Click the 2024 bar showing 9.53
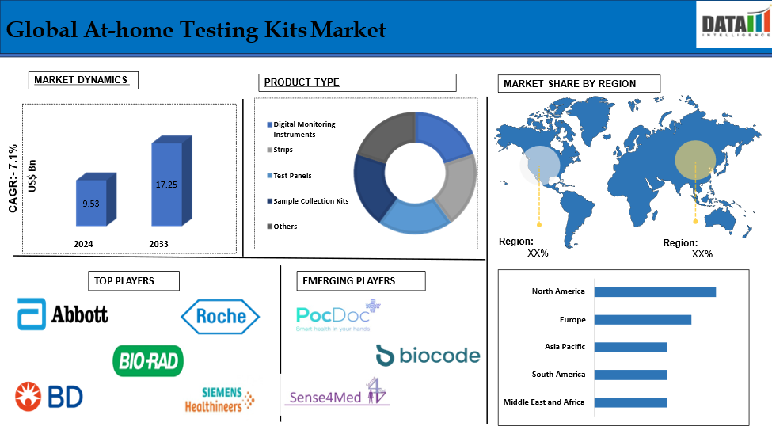point(96,200)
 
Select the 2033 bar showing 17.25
point(171,181)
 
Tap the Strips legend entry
point(280,150)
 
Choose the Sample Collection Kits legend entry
point(308,201)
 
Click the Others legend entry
point(282,227)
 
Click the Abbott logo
point(63,314)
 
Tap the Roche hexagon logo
point(220,316)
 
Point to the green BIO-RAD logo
point(148,361)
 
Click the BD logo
point(49,397)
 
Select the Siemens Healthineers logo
point(219,399)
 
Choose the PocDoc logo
point(338,315)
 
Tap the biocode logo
point(428,355)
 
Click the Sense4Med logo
point(337,393)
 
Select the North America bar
point(655,292)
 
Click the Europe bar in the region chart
point(642,320)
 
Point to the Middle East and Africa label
point(544,402)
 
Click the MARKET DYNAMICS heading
point(81,80)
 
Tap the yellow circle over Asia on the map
point(695,160)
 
